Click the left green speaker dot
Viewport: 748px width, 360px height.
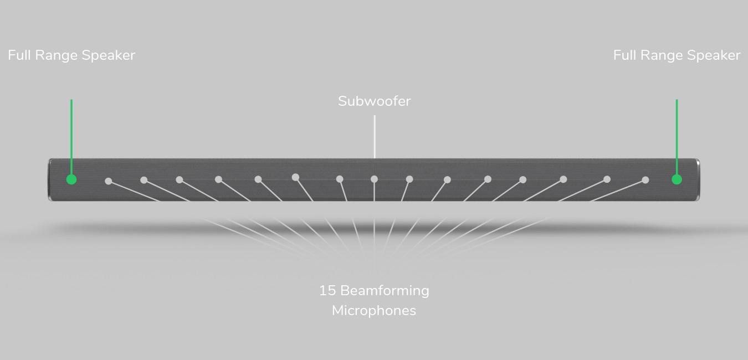[x=71, y=179]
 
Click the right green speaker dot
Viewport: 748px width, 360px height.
[x=677, y=179]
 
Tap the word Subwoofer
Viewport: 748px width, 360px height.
[x=375, y=101]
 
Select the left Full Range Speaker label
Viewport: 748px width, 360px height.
[x=71, y=55]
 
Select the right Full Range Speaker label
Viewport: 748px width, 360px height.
[x=677, y=55]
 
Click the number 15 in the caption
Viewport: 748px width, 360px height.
[x=327, y=291]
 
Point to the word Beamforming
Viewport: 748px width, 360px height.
[x=385, y=291]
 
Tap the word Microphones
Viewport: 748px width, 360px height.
[x=374, y=311]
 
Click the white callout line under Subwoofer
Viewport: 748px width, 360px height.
[x=375, y=137]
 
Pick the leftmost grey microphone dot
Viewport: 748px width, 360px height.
[x=108, y=181]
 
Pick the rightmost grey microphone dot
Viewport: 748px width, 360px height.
[x=645, y=180]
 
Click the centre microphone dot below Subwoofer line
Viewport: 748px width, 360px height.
[x=374, y=179]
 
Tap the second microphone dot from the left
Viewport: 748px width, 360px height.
[x=144, y=180]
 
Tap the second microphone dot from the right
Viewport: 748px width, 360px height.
[x=607, y=179]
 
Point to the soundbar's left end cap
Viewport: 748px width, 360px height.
[x=50, y=180]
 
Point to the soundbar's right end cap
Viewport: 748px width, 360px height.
[x=698, y=180]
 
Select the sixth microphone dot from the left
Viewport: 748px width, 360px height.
[x=295, y=177]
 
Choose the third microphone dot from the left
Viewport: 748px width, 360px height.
[x=180, y=180]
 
